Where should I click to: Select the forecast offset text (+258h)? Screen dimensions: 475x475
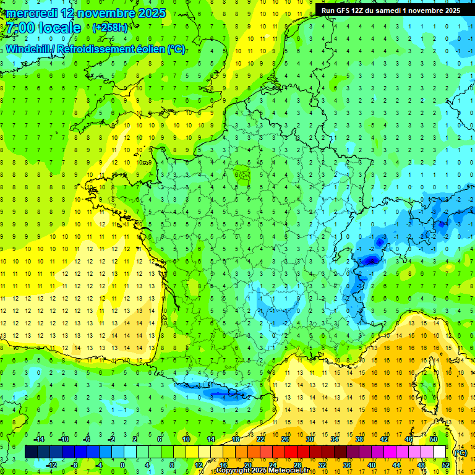(110, 28)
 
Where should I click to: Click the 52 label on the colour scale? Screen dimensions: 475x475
(445, 464)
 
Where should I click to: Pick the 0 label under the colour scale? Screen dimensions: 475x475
(122, 464)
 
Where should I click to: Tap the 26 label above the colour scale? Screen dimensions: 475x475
(285, 439)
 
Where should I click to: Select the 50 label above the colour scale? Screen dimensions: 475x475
(434, 439)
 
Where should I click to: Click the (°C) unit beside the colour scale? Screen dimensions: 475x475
(460, 452)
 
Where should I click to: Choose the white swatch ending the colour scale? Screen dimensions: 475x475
(439, 452)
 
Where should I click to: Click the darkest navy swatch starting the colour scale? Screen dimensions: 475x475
(31, 452)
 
